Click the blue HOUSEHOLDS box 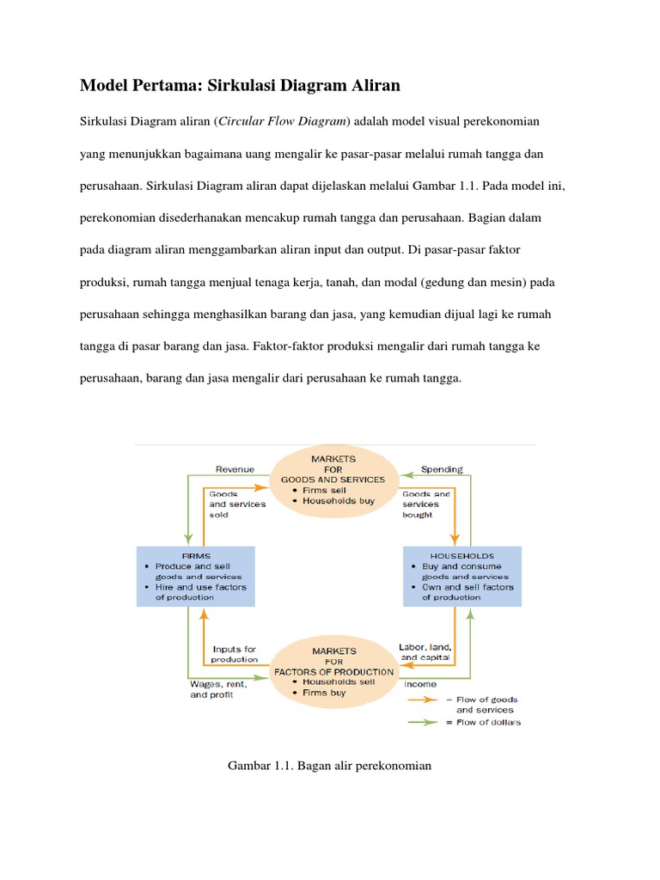tap(461, 576)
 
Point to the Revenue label tap(234, 469)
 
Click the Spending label tap(442, 469)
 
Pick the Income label tap(419, 684)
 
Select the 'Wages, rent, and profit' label tap(217, 689)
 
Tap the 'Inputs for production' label tap(234, 654)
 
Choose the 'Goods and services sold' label tap(237, 504)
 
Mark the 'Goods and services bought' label tap(426, 504)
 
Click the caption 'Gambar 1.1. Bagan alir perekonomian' tap(329, 765)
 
